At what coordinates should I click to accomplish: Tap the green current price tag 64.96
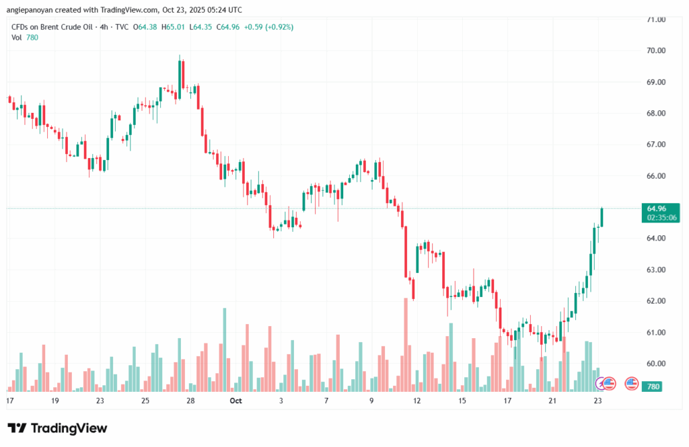coord(655,208)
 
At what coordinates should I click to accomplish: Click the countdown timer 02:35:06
coord(659,218)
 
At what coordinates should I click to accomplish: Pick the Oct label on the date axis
coord(235,401)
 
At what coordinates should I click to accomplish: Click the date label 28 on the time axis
coord(191,401)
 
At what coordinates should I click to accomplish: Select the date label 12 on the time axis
coord(417,401)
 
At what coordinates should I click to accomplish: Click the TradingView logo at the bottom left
coord(57,428)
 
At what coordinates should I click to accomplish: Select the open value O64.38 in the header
coord(145,27)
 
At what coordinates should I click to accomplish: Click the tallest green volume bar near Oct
coord(225,350)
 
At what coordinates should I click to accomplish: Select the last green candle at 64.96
coord(602,217)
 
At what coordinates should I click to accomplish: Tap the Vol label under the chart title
coord(17,38)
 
